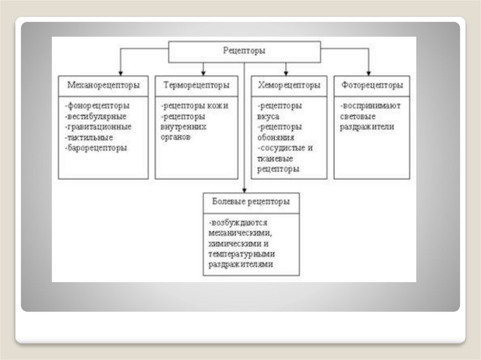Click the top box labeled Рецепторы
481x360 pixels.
(x=244, y=51)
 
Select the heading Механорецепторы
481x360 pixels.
(x=103, y=85)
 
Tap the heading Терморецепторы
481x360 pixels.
(x=196, y=85)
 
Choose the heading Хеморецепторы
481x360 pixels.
(x=289, y=85)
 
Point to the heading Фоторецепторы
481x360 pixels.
(x=372, y=85)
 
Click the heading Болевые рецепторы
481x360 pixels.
(x=251, y=202)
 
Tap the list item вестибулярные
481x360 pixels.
(x=96, y=116)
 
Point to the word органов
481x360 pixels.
(x=176, y=138)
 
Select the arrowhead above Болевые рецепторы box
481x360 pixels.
(x=244, y=190)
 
